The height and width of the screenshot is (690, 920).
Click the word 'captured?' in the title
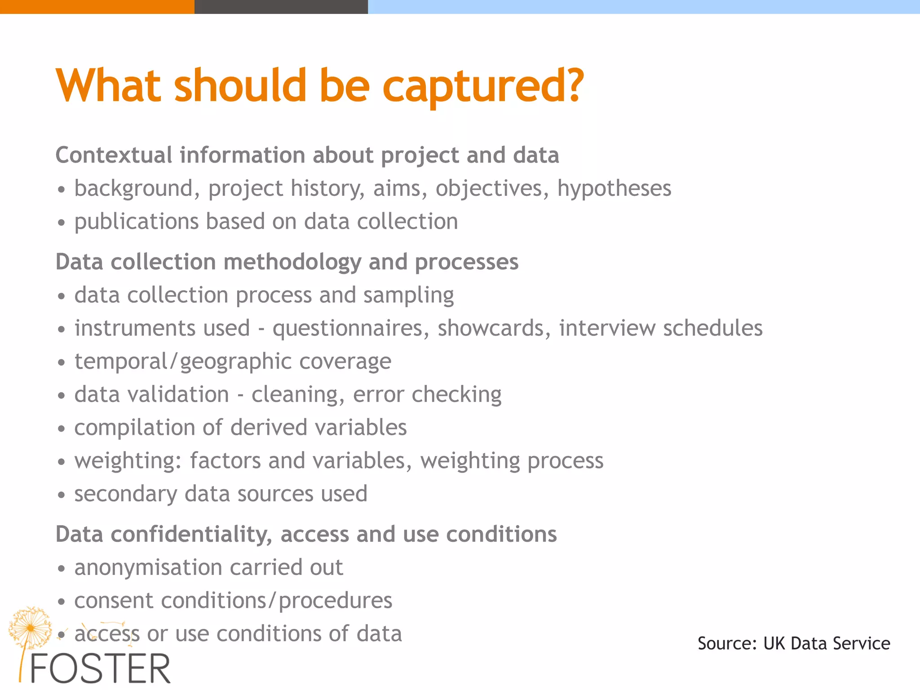click(x=483, y=86)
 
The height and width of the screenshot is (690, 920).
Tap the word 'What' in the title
click(x=108, y=85)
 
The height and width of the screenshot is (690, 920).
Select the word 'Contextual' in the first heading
click(x=114, y=155)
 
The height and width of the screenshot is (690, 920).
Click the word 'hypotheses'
click(x=614, y=189)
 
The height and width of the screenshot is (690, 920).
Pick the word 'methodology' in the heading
click(x=292, y=262)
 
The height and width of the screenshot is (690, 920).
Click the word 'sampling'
click(x=408, y=296)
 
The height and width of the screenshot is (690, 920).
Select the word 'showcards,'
click(x=494, y=328)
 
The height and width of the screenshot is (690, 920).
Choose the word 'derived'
click(x=268, y=428)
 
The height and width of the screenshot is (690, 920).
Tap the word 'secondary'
click(x=125, y=494)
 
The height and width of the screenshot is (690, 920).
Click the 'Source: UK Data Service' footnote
click(x=794, y=644)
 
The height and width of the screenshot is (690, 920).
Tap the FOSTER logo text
click(x=100, y=668)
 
